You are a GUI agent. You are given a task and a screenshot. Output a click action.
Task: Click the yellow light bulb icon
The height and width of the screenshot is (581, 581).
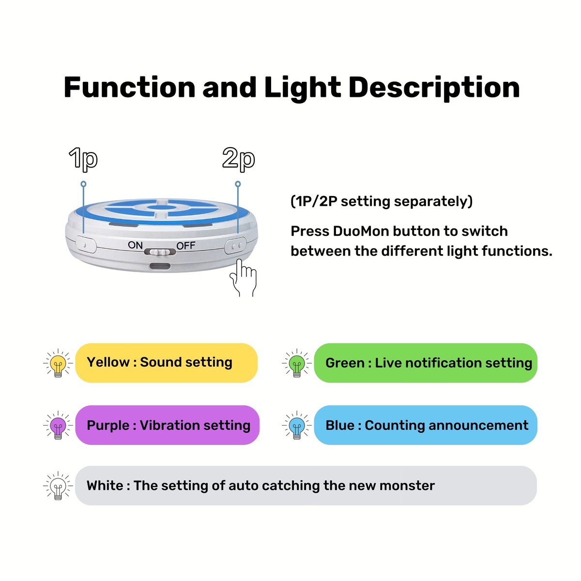point(58,363)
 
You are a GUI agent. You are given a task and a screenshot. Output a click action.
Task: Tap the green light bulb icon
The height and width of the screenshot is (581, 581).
point(297,363)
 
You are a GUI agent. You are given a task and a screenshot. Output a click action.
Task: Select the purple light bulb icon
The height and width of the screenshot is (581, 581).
point(58,425)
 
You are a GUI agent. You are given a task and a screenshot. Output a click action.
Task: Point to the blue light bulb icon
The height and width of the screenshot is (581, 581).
point(297,425)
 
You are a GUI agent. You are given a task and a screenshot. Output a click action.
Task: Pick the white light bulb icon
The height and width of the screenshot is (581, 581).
point(58,486)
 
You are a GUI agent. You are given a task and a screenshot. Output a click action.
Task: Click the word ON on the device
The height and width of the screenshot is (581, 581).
point(135,245)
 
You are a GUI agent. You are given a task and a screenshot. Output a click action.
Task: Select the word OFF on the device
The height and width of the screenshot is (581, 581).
point(186,245)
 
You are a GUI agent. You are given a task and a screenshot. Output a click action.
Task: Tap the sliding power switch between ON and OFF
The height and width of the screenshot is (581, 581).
point(160,251)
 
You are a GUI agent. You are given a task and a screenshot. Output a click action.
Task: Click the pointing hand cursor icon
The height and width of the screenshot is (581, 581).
point(243,278)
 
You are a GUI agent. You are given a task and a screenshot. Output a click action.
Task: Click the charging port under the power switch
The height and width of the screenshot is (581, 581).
point(160,266)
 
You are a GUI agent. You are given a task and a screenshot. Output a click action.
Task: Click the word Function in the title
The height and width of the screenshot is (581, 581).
point(130,88)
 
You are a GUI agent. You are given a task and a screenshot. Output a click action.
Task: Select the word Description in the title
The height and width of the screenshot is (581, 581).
point(434,88)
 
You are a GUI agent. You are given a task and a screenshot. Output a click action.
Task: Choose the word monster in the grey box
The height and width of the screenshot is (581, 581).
point(407,486)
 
